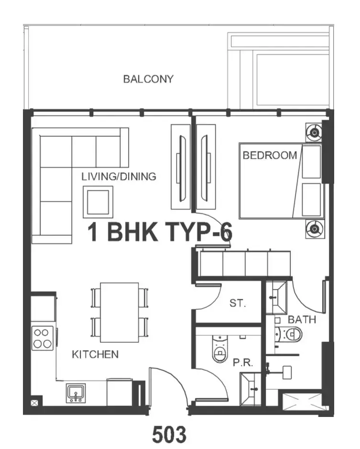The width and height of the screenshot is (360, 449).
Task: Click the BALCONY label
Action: (x=148, y=79)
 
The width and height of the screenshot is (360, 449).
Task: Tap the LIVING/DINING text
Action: (x=119, y=176)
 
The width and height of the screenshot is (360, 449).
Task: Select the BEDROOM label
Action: (x=270, y=155)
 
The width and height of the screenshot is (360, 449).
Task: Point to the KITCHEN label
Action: (x=95, y=354)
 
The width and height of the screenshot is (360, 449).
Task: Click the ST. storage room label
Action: (x=238, y=303)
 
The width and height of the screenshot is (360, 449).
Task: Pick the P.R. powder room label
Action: (x=243, y=363)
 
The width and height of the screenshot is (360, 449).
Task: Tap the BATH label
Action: (x=302, y=319)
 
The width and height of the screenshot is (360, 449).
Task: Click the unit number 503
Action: (x=169, y=434)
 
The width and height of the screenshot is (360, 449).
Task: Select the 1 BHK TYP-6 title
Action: (x=160, y=232)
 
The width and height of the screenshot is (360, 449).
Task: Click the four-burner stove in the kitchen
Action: (x=43, y=338)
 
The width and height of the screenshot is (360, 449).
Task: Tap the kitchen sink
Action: (x=76, y=393)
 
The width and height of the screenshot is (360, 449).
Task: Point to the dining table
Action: (x=120, y=312)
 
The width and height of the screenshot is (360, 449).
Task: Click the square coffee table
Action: (x=98, y=202)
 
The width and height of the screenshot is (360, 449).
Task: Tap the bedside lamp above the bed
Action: (x=315, y=132)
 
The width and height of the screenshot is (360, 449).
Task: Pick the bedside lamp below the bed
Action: (x=315, y=229)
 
